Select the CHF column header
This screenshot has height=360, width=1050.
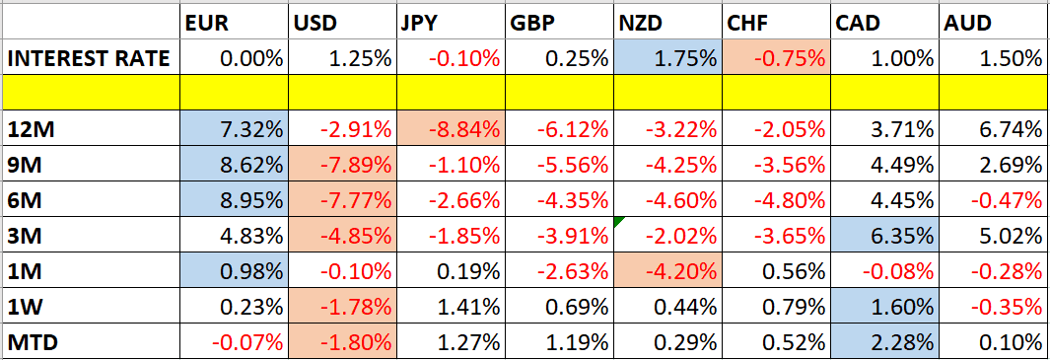[x=746, y=21]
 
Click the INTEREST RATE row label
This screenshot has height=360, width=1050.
[x=89, y=58]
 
